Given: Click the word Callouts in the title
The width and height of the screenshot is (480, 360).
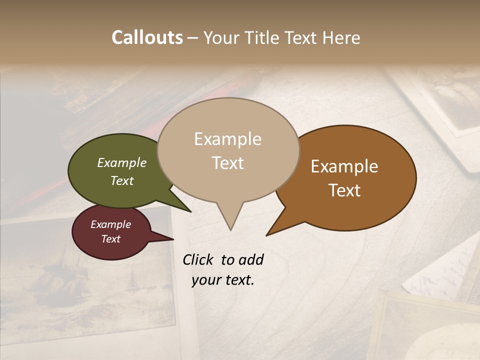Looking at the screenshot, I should point(147,37).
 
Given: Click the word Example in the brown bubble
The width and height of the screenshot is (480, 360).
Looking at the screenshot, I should point(344,166).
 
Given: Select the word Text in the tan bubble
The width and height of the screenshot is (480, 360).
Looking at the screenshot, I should point(228,163).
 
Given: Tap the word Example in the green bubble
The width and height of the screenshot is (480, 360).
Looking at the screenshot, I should point(122,162).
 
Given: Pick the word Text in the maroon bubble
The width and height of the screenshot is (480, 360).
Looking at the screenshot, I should point(111,239).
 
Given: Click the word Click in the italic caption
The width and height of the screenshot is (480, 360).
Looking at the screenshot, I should point(198,259).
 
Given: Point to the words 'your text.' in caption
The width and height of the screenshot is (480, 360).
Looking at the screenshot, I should point(223,280).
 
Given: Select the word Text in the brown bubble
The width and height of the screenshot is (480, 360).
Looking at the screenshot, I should point(344,190).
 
